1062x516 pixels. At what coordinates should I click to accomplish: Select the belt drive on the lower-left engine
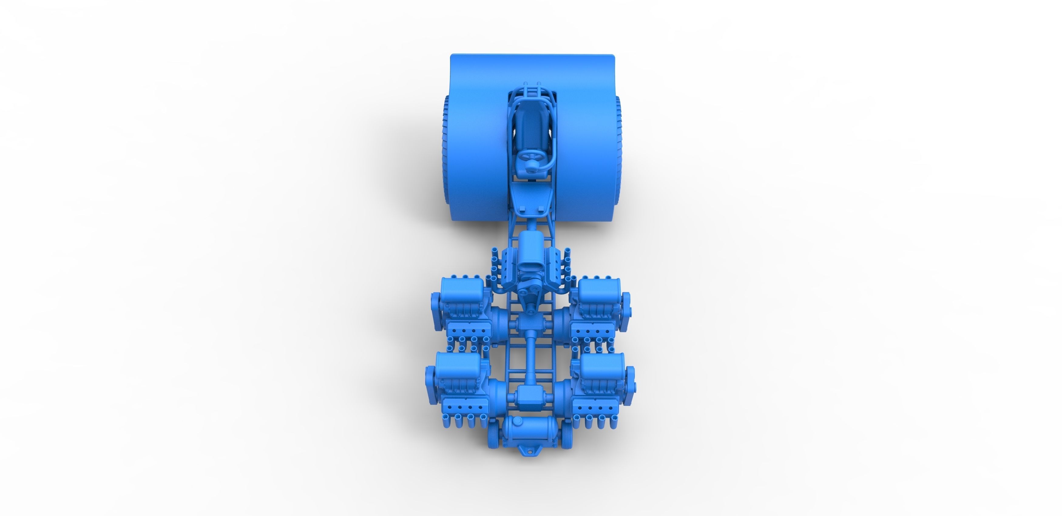coord(430,385)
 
